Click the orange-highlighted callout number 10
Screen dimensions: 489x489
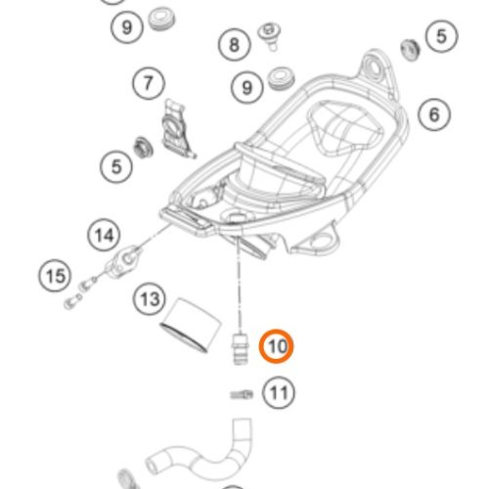point(276,346)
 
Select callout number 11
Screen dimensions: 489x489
point(279,393)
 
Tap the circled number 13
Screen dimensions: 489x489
point(150,298)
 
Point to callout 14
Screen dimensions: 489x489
point(104,235)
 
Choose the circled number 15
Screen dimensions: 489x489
point(55,276)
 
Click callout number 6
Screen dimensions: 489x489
point(434,114)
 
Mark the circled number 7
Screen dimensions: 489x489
point(149,83)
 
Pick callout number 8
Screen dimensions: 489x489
point(235,44)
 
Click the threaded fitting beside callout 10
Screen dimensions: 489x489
point(241,348)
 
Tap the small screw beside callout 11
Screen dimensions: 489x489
point(242,395)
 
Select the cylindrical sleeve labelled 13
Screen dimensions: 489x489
point(191,325)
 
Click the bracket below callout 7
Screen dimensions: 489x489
point(178,129)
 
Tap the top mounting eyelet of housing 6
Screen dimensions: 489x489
point(374,68)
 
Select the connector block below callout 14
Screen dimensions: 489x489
point(124,262)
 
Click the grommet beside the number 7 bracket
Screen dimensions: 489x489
point(143,148)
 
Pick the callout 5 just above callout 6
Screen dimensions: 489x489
point(441,36)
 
